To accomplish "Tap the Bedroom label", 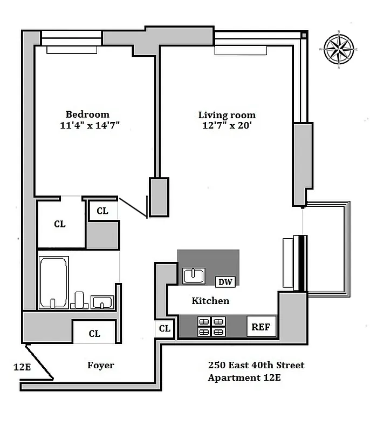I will (87, 114).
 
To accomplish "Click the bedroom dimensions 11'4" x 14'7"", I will (90, 126).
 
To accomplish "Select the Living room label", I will (227, 115).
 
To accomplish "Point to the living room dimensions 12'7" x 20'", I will (227, 126).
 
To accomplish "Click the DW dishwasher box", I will (224, 281).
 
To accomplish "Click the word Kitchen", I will (210, 301).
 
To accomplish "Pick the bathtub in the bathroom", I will (53, 282).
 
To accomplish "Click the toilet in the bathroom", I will (80, 299).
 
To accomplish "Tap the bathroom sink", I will (101, 302).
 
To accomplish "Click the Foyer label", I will (101, 366).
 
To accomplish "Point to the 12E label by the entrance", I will (22, 368).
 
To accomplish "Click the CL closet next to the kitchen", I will (165, 328).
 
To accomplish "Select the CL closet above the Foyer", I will (94, 334).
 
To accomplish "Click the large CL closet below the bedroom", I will (60, 224).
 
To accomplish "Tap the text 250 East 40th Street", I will (256, 366).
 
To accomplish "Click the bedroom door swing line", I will (133, 208).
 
